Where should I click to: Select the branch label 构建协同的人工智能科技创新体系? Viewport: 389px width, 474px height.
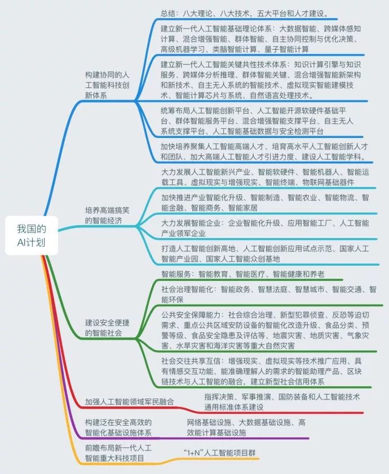[111, 85]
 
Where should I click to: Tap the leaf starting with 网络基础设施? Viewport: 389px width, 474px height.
[246, 427]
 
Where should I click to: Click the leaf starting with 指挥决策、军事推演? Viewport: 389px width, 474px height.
[282, 401]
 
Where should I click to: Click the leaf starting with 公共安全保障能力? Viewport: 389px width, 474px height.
[267, 330]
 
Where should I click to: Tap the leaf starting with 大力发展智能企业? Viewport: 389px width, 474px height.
[265, 228]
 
